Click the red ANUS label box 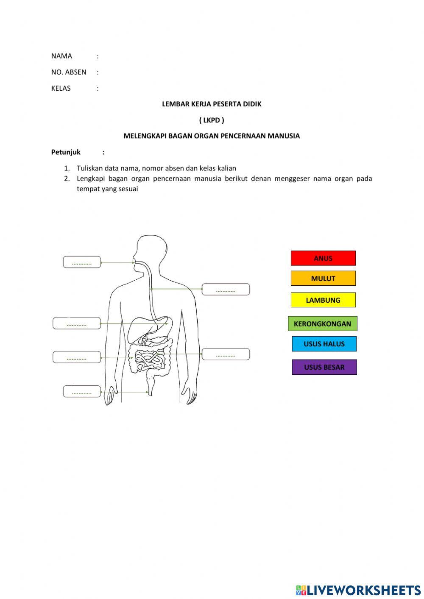(x=323, y=258)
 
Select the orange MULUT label (x=323, y=279)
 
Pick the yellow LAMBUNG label (x=323, y=300)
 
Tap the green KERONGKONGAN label (x=322, y=324)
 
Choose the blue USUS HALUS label (x=324, y=344)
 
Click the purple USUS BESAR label (x=324, y=367)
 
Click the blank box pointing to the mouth (x=82, y=262)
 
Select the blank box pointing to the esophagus (x=226, y=290)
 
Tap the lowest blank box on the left (x=82, y=392)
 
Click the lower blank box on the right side (x=226, y=354)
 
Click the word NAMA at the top (x=61, y=56)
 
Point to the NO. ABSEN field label (x=69, y=72)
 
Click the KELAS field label (x=61, y=88)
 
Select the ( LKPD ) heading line (x=212, y=120)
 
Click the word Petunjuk (x=66, y=152)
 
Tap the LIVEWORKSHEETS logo (x=358, y=590)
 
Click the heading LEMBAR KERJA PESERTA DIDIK (x=212, y=104)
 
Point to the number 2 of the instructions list (x=67, y=178)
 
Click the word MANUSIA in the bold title (x=284, y=136)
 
